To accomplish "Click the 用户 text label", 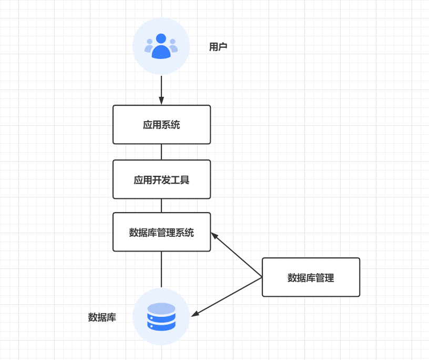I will [x=218, y=47].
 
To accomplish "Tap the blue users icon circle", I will [x=161, y=47].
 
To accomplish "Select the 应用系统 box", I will [x=161, y=125].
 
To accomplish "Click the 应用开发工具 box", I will [x=161, y=179].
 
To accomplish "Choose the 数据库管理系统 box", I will [x=161, y=232].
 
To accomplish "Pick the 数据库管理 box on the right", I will [x=311, y=277].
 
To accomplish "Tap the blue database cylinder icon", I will [x=161, y=317].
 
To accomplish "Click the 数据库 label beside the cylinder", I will [x=102, y=317].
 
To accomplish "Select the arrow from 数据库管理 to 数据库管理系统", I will [x=237, y=255].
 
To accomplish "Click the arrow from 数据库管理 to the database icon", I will [x=227, y=296].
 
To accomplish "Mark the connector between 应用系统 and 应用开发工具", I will [x=161, y=152].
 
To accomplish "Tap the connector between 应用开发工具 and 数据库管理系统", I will [x=161, y=205].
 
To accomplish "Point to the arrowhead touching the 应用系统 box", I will [x=161, y=101].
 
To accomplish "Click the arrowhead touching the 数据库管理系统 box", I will [x=214, y=235].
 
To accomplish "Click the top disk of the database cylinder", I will [x=161, y=308].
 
